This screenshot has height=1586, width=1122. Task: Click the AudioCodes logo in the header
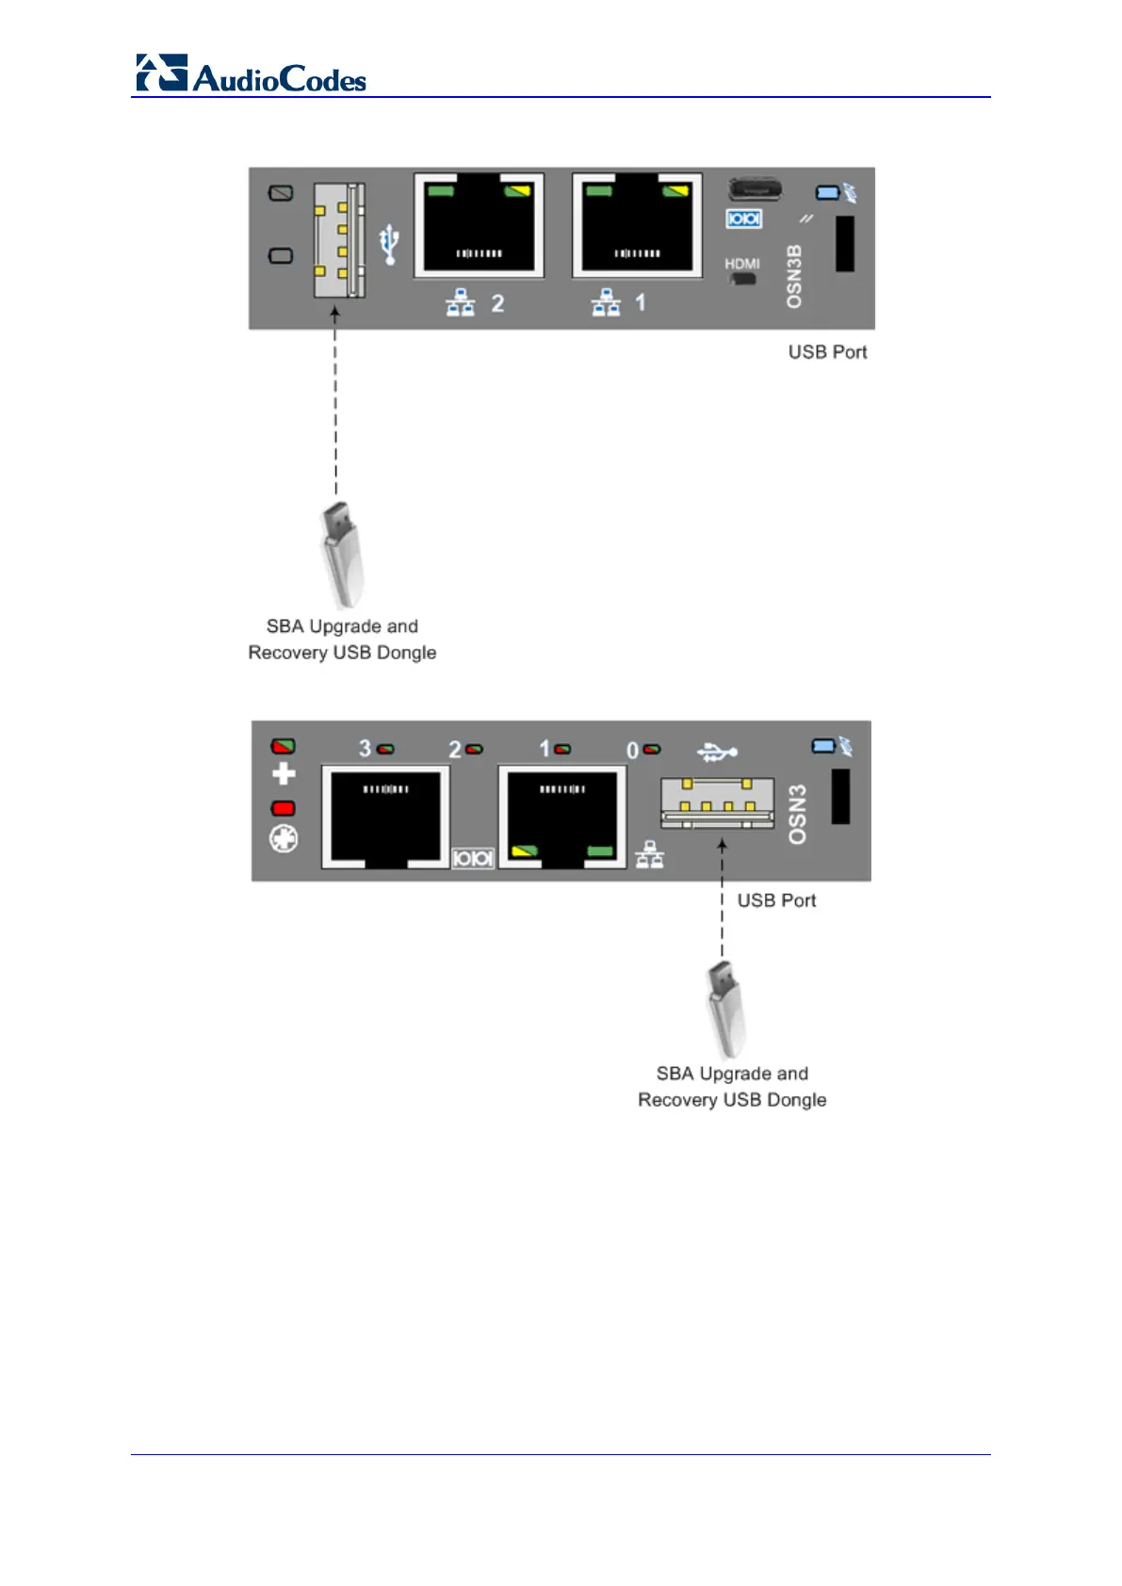click(251, 73)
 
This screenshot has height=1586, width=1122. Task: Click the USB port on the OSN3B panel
click(339, 239)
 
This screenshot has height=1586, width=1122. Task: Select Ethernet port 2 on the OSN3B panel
click(479, 226)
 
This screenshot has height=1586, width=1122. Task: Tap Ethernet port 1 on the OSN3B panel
click(637, 226)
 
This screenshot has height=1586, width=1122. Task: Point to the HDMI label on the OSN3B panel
click(741, 264)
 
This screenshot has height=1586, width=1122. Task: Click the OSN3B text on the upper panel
click(794, 276)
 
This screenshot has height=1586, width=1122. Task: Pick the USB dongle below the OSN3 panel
click(724, 1010)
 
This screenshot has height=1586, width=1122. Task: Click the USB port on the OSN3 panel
click(717, 802)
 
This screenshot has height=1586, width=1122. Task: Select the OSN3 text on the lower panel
click(797, 815)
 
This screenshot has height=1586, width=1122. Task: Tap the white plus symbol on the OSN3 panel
click(284, 774)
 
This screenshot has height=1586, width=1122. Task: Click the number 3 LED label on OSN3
click(365, 749)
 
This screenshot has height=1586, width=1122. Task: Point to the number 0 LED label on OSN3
click(633, 751)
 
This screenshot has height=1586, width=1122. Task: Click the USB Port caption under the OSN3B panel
click(827, 352)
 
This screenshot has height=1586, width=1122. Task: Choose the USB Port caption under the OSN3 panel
click(776, 900)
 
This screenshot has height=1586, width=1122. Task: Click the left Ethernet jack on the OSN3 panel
click(385, 816)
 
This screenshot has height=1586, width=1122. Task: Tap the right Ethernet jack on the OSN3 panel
click(561, 816)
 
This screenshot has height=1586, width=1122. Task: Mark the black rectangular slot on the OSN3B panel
click(845, 244)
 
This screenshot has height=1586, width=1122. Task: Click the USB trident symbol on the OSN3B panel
click(389, 243)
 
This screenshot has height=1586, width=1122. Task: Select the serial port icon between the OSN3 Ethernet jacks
click(473, 858)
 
